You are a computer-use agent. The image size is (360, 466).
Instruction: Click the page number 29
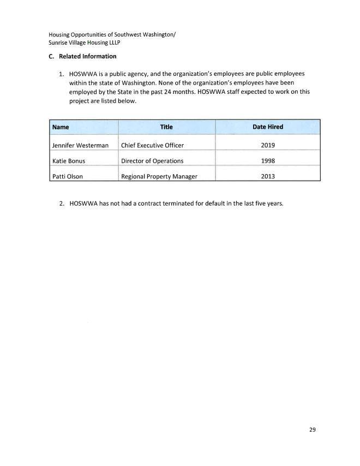[x=312, y=430]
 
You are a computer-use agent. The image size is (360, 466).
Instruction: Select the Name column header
[x=61, y=127]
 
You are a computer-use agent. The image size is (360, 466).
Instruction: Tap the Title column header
[x=166, y=127]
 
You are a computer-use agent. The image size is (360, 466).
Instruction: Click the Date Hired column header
[x=267, y=127]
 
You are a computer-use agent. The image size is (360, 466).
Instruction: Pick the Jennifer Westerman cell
[x=80, y=146]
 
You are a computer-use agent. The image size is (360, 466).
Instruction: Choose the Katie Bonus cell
[x=69, y=161]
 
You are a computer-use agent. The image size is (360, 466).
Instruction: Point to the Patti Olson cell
[x=68, y=176]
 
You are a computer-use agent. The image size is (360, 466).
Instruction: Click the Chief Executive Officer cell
[x=152, y=146]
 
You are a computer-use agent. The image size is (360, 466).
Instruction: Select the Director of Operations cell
[x=152, y=161]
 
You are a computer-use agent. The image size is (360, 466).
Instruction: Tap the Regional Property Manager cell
[x=159, y=176]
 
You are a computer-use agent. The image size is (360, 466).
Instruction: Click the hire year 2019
[x=268, y=146]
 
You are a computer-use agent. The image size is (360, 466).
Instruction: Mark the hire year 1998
[x=268, y=161]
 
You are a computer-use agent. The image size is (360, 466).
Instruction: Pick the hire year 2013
[x=268, y=176]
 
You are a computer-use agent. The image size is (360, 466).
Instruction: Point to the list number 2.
[x=62, y=204]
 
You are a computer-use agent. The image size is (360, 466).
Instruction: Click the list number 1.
[x=62, y=73]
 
